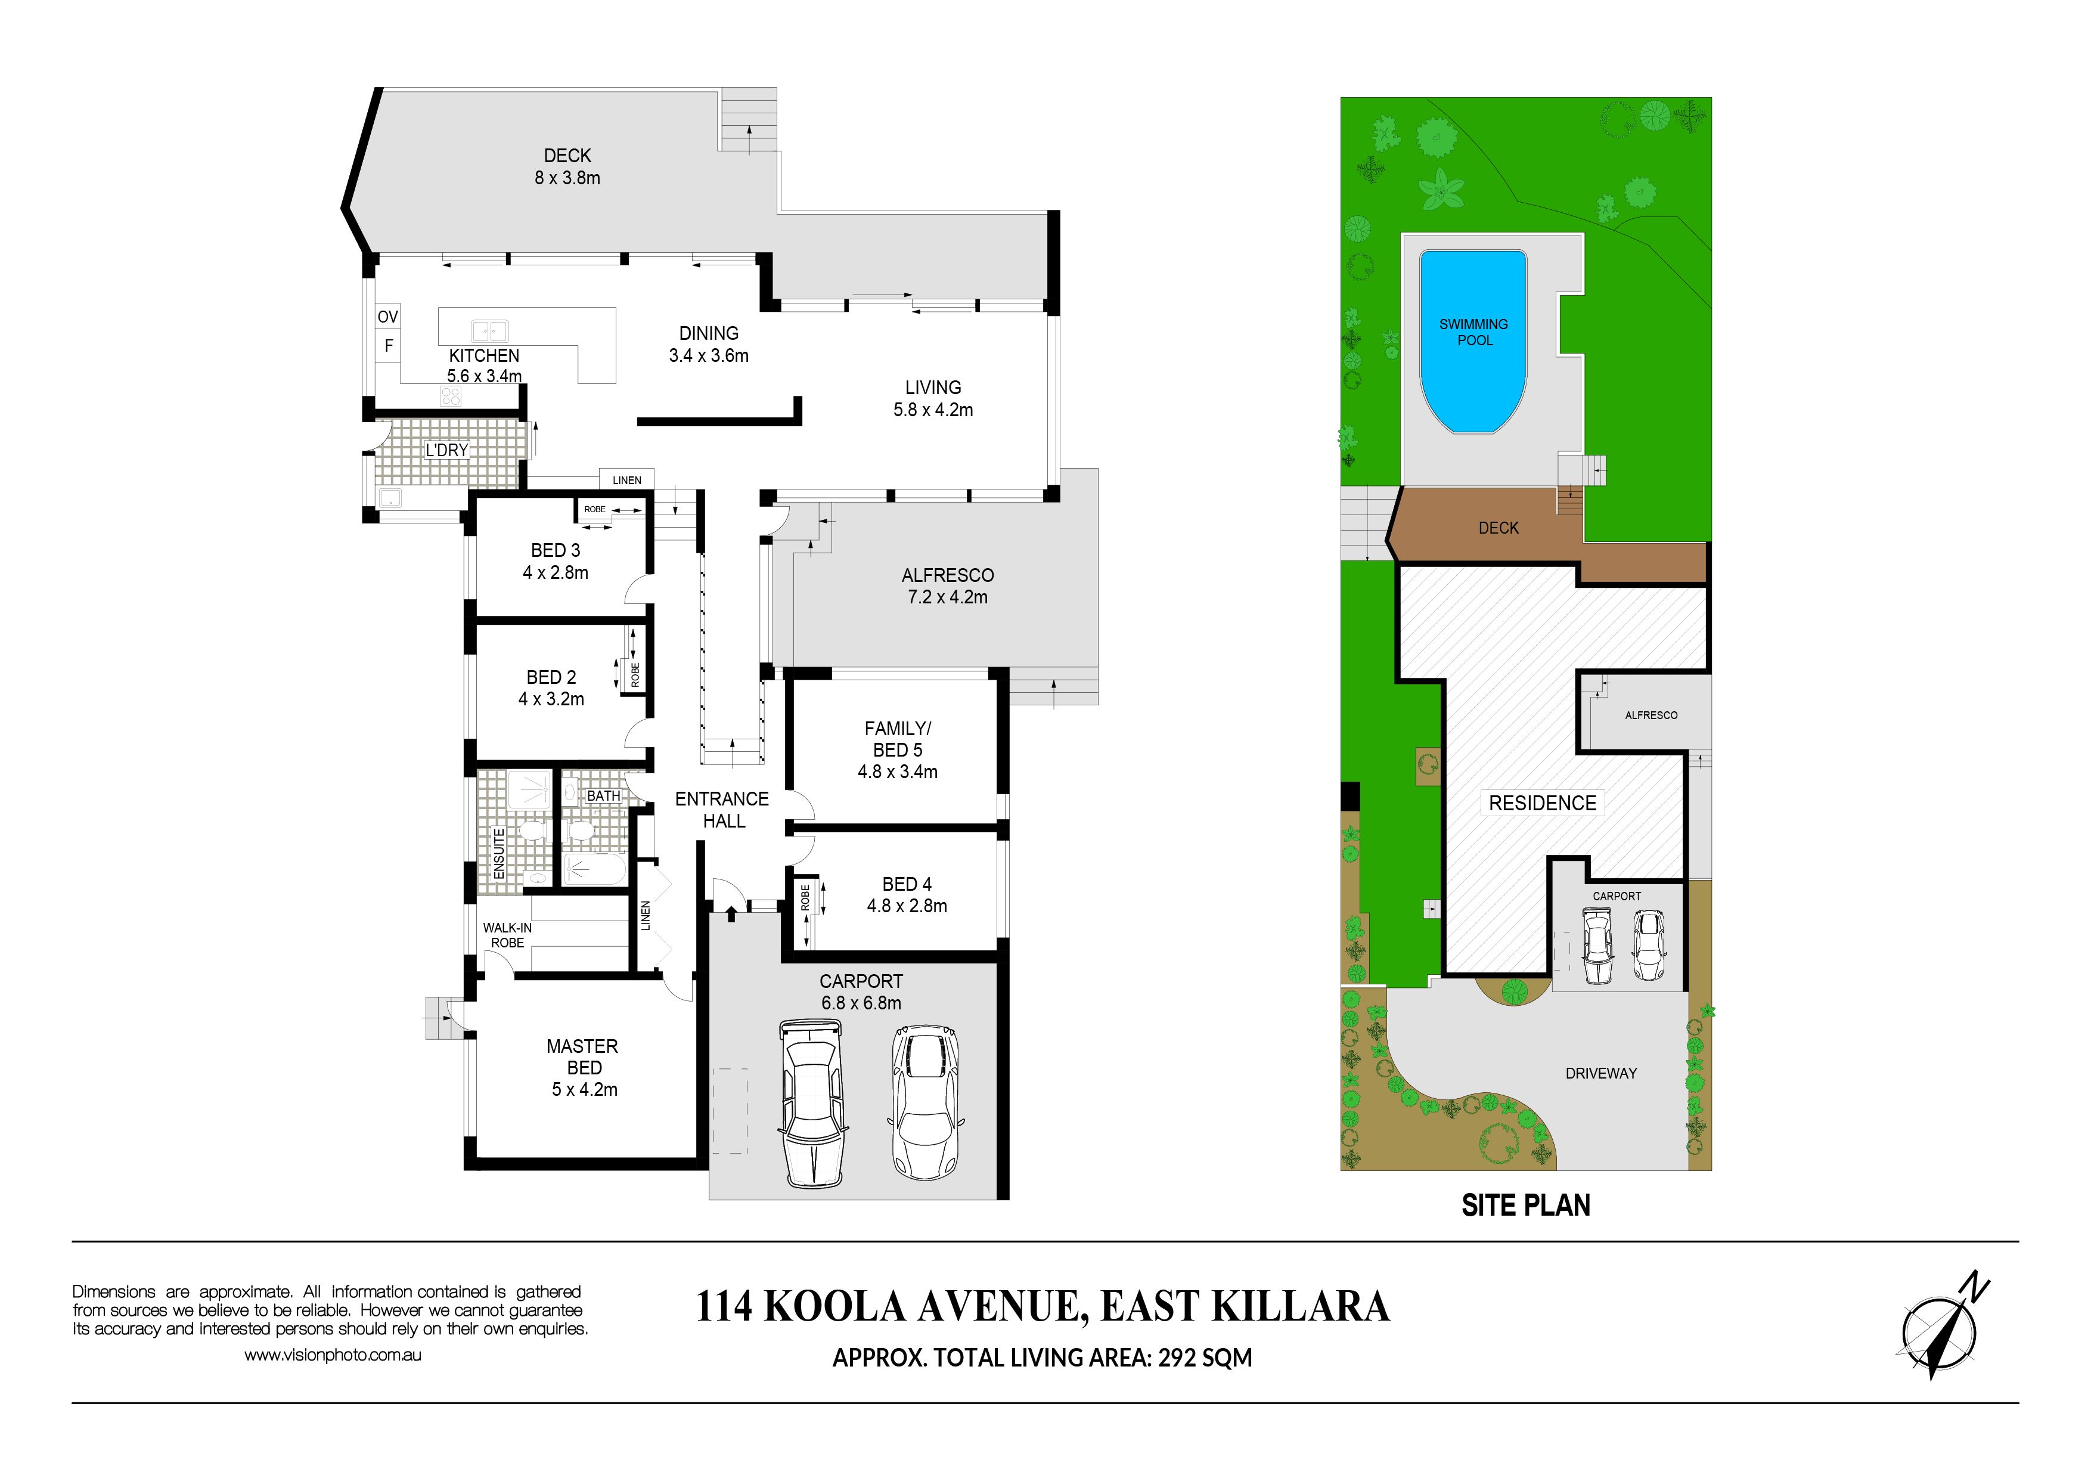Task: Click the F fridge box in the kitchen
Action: [x=388, y=346]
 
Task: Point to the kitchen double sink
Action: [x=489, y=330]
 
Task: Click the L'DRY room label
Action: [x=446, y=450]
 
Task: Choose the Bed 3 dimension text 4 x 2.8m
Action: [x=556, y=573]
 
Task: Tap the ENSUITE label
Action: [x=499, y=853]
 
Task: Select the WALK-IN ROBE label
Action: [x=507, y=935]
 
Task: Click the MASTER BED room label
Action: [x=583, y=1056]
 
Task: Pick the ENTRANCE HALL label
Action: [x=722, y=810]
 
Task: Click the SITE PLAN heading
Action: [x=1527, y=1205]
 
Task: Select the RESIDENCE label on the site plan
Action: [x=1543, y=803]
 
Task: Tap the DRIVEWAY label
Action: [x=1601, y=1074]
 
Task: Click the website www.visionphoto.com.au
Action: [x=333, y=1355]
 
